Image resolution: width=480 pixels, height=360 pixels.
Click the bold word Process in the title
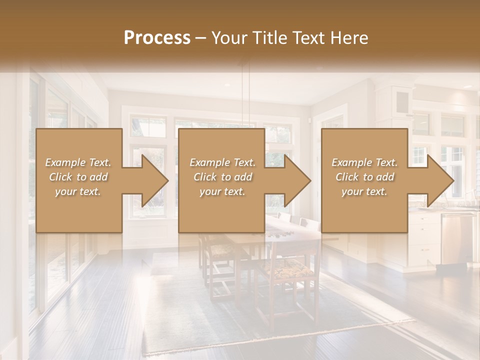tap(157, 38)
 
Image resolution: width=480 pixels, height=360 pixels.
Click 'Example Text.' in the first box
tap(78, 162)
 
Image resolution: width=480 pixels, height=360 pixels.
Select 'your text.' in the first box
tap(78, 191)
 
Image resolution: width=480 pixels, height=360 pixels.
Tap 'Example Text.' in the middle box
tap(222, 162)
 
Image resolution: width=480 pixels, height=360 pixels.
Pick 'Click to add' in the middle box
tap(222, 177)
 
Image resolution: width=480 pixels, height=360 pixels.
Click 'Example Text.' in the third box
tap(364, 162)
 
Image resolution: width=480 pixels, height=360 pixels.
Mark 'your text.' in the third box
tap(364, 191)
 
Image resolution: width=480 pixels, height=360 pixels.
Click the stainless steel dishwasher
tap(457, 237)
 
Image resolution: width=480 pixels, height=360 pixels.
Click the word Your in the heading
tap(228, 38)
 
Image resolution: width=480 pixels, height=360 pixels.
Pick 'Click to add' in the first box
tap(78, 177)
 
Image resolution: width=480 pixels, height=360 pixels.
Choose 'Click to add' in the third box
tap(364, 177)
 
